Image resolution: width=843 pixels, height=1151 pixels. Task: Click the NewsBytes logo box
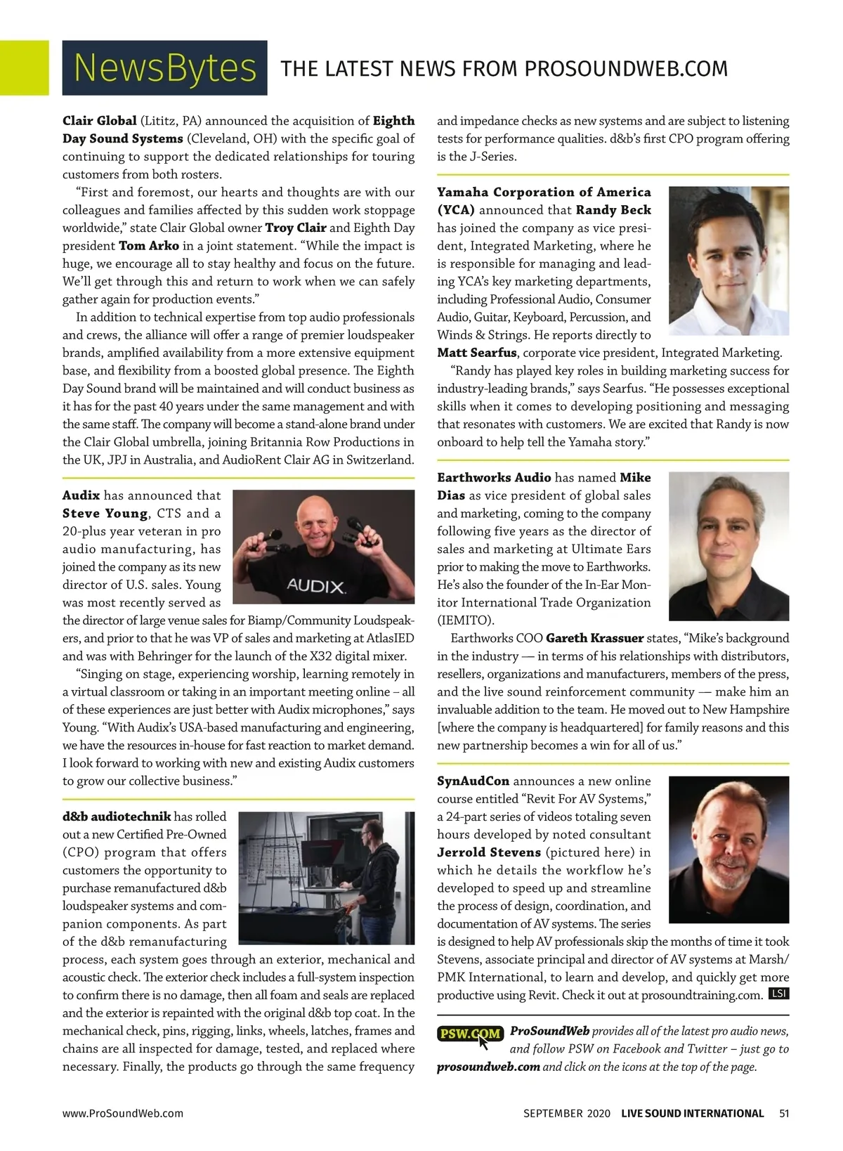(164, 67)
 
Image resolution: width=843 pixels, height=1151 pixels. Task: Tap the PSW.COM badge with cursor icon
(470, 1034)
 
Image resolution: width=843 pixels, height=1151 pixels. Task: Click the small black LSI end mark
(778, 994)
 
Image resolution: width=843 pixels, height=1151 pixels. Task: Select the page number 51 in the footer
(784, 1113)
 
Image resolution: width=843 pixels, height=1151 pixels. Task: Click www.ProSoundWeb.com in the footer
(123, 1113)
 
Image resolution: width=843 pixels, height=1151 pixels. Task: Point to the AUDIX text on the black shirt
(315, 586)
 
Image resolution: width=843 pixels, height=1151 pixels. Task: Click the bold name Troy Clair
(295, 228)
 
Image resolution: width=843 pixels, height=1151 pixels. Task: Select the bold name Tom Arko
(149, 246)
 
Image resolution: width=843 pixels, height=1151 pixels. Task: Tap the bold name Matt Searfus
(477, 353)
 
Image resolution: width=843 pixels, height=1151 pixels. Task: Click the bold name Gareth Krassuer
(594, 638)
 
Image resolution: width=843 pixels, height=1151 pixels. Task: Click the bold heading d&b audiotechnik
(117, 817)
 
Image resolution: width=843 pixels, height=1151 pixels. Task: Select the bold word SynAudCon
(473, 781)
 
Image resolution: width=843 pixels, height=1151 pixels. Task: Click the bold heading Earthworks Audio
(494, 478)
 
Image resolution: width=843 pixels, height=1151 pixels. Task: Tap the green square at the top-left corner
(24, 67)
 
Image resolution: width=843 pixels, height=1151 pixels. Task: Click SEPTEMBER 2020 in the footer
(567, 1113)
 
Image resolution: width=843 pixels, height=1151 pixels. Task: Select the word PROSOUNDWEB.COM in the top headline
(626, 69)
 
